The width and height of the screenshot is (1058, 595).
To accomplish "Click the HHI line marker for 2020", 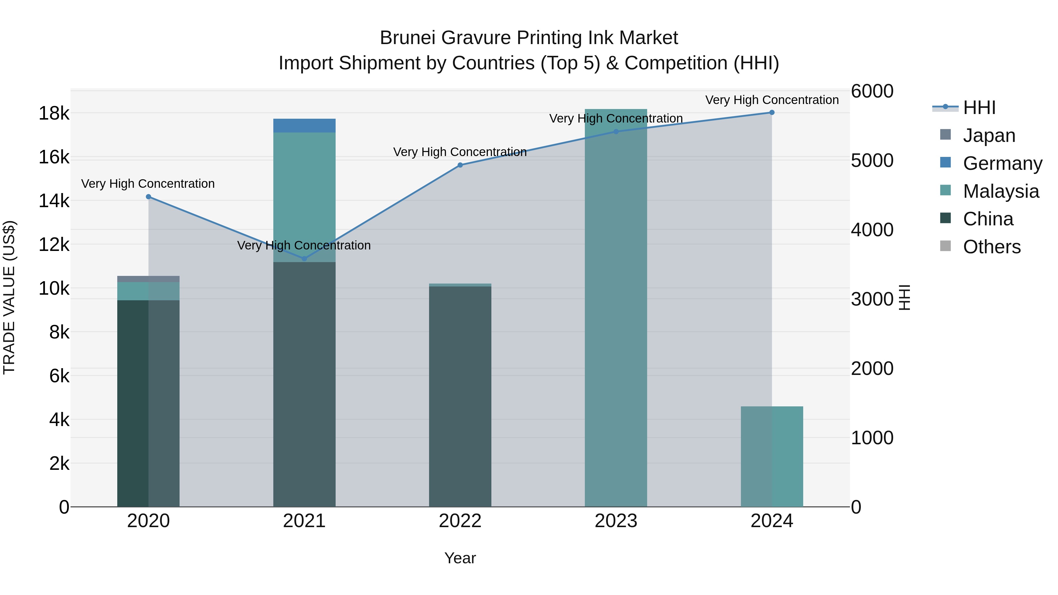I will point(149,197).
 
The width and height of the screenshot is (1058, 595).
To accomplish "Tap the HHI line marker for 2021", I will point(304,259).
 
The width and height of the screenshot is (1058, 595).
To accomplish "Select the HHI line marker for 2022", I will point(460,165).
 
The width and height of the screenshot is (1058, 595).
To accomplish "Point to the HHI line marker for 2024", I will point(772,113).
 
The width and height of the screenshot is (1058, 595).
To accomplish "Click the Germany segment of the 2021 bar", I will point(304,126).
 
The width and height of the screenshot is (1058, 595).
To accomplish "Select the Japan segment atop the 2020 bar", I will point(148,279).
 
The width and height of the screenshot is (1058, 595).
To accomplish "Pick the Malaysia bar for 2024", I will point(772,456).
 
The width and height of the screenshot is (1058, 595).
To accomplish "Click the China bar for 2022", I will point(460,396).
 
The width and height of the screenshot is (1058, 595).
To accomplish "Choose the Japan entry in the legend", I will point(989,135).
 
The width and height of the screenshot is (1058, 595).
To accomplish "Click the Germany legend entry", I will point(1002,163).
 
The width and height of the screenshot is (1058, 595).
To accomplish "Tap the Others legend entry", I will point(992,247).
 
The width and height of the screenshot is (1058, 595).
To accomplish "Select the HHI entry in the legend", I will point(979,108).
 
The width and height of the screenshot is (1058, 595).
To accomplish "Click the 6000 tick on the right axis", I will point(872,91).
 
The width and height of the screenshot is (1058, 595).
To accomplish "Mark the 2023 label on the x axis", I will point(616,521).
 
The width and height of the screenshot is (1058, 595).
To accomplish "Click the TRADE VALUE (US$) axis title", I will point(9,297).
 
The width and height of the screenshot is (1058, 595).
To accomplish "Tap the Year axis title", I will point(460,558).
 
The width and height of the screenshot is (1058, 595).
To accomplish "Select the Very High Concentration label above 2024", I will point(772,100).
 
